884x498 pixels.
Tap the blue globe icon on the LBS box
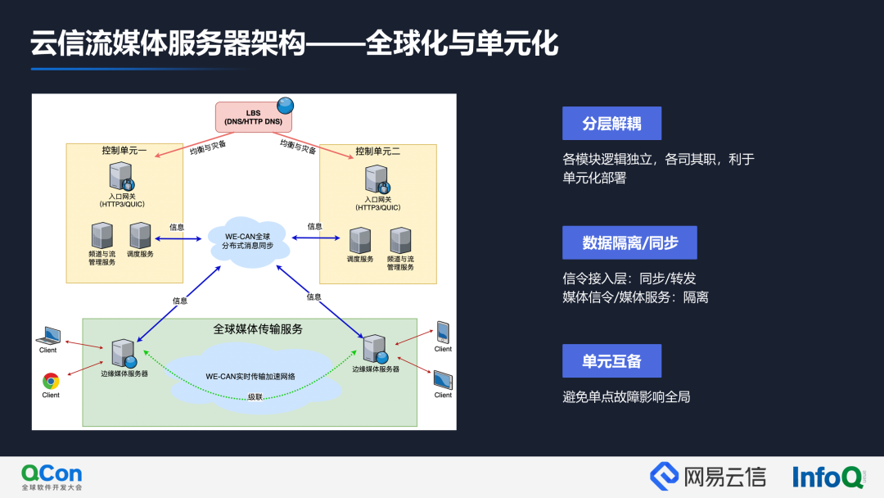click(x=285, y=106)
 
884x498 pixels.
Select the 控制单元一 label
click(x=124, y=151)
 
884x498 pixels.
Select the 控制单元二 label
click(x=377, y=152)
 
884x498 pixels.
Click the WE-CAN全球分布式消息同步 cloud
click(x=248, y=241)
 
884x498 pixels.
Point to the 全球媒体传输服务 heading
click(x=258, y=329)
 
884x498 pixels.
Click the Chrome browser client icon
click(x=51, y=381)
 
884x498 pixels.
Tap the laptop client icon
click(x=49, y=336)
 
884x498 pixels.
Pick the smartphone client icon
click(x=443, y=331)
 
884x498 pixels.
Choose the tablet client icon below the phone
click(x=443, y=380)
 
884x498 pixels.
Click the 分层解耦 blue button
click(x=611, y=124)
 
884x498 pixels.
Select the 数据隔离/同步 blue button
click(x=629, y=243)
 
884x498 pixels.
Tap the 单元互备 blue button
click(x=611, y=361)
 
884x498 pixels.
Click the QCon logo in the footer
click(x=52, y=476)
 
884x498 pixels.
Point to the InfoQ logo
click(x=827, y=477)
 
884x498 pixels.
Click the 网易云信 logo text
click(x=710, y=476)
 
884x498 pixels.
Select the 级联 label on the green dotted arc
click(x=255, y=397)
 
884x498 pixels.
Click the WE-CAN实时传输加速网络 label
click(x=250, y=377)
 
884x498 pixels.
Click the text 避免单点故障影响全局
click(x=626, y=397)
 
